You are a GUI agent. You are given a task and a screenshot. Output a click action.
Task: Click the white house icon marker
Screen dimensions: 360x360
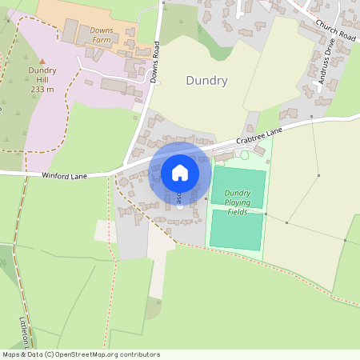pos(180,172)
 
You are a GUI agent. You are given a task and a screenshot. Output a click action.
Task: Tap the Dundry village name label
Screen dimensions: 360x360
pos(206,81)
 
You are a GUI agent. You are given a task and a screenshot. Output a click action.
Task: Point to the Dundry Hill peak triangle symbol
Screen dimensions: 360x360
pos(42,62)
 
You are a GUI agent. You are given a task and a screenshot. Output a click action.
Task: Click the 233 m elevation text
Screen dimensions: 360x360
pos(42,90)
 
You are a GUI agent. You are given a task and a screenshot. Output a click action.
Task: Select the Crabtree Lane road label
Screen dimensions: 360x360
pos(259,135)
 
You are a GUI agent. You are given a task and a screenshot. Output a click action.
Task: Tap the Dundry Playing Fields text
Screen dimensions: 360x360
pos(238,202)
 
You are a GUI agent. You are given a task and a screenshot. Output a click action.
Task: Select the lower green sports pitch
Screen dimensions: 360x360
pos(236,230)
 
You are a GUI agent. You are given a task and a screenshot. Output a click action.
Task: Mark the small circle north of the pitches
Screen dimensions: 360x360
pos(245,154)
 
